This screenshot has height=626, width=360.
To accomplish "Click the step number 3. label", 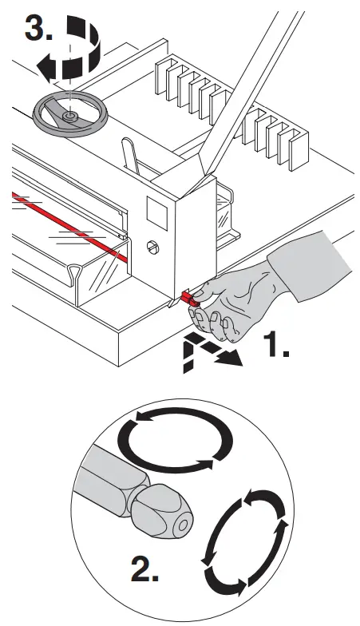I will point(40,30).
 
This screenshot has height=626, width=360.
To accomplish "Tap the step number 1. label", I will point(285,346).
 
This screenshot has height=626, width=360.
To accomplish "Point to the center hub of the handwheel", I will point(69,116).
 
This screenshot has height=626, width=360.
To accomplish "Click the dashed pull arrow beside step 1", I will point(207,351).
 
